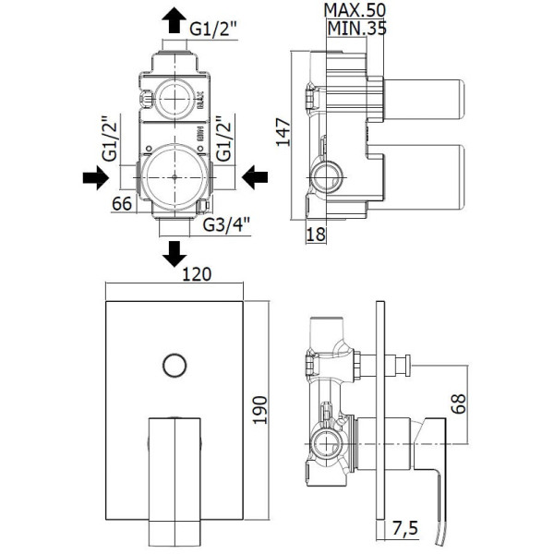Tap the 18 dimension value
click(x=317, y=235)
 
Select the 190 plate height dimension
click(x=260, y=407)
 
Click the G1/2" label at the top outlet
click(x=214, y=29)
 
